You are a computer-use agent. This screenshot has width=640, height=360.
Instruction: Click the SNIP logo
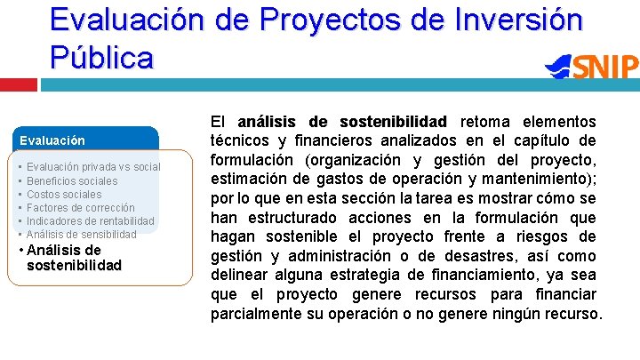pos(593,68)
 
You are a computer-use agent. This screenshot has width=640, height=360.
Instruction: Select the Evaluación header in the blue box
pos(53,140)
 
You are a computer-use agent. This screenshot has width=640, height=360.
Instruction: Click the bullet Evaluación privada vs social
pos(93,167)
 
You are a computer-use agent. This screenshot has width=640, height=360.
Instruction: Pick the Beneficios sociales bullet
pos(72,180)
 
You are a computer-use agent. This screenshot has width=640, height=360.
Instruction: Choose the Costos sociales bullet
pos(64,194)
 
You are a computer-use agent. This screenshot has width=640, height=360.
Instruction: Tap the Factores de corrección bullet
pos(81,207)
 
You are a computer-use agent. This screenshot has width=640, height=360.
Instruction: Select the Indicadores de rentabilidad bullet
pos(91,220)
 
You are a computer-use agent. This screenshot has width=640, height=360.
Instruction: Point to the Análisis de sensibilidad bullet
pos(82,234)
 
